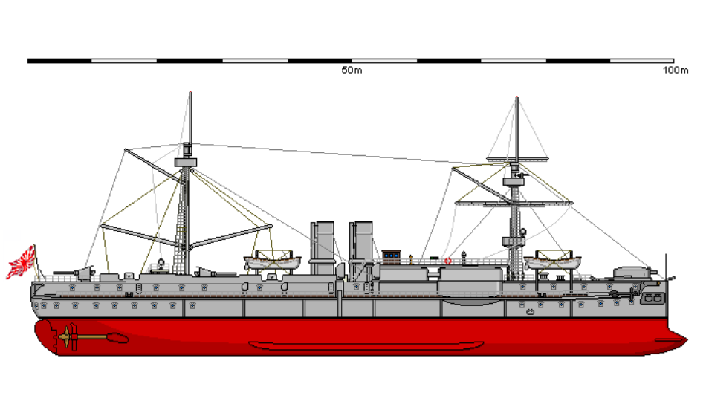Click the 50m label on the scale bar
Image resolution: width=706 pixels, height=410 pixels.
click(x=352, y=71)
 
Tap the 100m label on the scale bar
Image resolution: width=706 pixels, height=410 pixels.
click(x=676, y=71)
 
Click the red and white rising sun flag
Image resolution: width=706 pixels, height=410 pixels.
click(x=21, y=262)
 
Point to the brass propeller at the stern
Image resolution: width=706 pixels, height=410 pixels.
click(x=68, y=337)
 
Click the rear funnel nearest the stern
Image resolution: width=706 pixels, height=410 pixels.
click(x=323, y=247)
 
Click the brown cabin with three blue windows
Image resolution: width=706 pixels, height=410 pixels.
click(x=391, y=258)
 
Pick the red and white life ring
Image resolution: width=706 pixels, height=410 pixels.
click(x=447, y=261)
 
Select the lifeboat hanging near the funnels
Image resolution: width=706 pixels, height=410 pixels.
click(x=273, y=262)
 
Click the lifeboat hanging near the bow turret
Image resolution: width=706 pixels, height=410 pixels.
click(x=552, y=262)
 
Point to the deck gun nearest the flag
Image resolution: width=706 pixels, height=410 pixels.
click(x=74, y=273)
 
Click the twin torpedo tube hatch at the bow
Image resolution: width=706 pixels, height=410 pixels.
click(x=652, y=298)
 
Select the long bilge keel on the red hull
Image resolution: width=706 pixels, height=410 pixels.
click(x=366, y=345)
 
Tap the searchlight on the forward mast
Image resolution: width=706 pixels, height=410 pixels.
click(x=522, y=232)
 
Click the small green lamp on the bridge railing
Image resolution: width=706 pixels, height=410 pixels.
click(x=434, y=258)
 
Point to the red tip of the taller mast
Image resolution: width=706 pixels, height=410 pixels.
click(x=190, y=93)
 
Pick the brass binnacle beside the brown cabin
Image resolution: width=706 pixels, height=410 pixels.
click(x=411, y=260)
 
